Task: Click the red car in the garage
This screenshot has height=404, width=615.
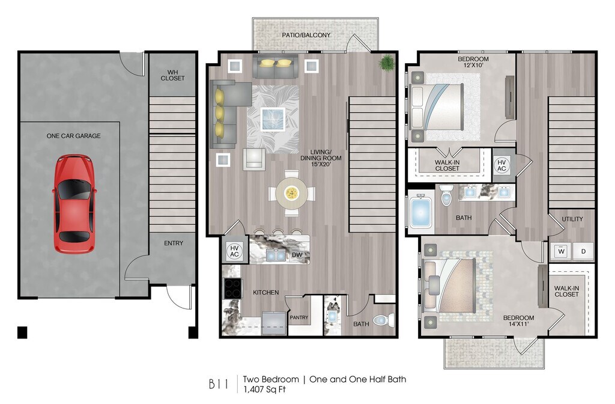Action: point(74,204)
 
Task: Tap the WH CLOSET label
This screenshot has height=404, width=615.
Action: point(172,75)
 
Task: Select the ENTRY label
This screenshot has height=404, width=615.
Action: point(174,243)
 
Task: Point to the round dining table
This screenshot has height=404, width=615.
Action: point(291,193)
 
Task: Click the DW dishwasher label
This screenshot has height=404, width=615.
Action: point(297,255)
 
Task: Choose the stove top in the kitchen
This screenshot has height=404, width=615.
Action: point(232,288)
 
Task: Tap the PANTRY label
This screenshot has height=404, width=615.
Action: point(299,317)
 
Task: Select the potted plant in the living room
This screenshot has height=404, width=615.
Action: point(387,62)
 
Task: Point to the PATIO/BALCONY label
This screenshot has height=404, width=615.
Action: point(306,35)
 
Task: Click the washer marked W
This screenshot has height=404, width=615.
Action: point(562,251)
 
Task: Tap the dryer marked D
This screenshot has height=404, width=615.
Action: point(583,251)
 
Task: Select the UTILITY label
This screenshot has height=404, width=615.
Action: point(572,219)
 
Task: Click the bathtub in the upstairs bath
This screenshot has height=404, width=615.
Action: point(420,212)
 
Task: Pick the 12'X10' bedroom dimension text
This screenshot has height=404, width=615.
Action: point(473,65)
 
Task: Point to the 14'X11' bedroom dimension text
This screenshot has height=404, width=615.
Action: point(518,324)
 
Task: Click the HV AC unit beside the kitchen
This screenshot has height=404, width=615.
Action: point(235,251)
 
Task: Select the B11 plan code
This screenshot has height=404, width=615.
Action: point(219,384)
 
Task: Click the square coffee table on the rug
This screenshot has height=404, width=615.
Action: point(273,119)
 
